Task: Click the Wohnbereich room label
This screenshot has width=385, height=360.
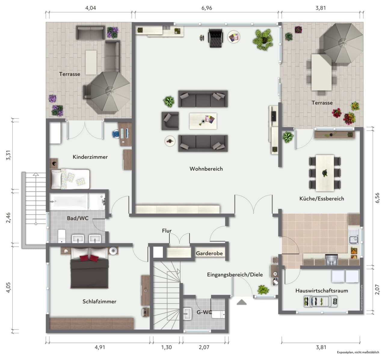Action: point(206,169)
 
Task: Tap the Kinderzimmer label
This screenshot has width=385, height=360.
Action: point(90,157)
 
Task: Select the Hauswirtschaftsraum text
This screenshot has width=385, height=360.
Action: point(322,290)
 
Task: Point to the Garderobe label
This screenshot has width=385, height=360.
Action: point(209,253)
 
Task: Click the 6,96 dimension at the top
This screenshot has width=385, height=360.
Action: point(207,8)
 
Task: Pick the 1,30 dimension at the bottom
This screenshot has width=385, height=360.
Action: point(166,347)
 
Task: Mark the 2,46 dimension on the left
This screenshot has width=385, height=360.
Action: point(8,218)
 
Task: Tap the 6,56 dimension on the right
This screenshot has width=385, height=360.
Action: point(377,198)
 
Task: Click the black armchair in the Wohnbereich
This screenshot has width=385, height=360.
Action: point(215,38)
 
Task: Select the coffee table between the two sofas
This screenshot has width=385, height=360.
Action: point(203,121)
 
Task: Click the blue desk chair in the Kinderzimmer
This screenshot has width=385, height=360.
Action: point(116,134)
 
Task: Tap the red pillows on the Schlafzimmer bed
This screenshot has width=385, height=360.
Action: point(89,258)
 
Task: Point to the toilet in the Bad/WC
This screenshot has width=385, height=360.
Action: point(62,236)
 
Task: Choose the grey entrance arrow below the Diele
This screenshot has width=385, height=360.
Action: point(242,302)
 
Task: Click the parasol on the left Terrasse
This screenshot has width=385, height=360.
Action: point(110,92)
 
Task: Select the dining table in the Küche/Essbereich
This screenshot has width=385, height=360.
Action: point(325,173)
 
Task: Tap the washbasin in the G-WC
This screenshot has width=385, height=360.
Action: point(187,314)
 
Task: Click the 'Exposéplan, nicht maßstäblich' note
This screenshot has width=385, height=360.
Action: point(358,352)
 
